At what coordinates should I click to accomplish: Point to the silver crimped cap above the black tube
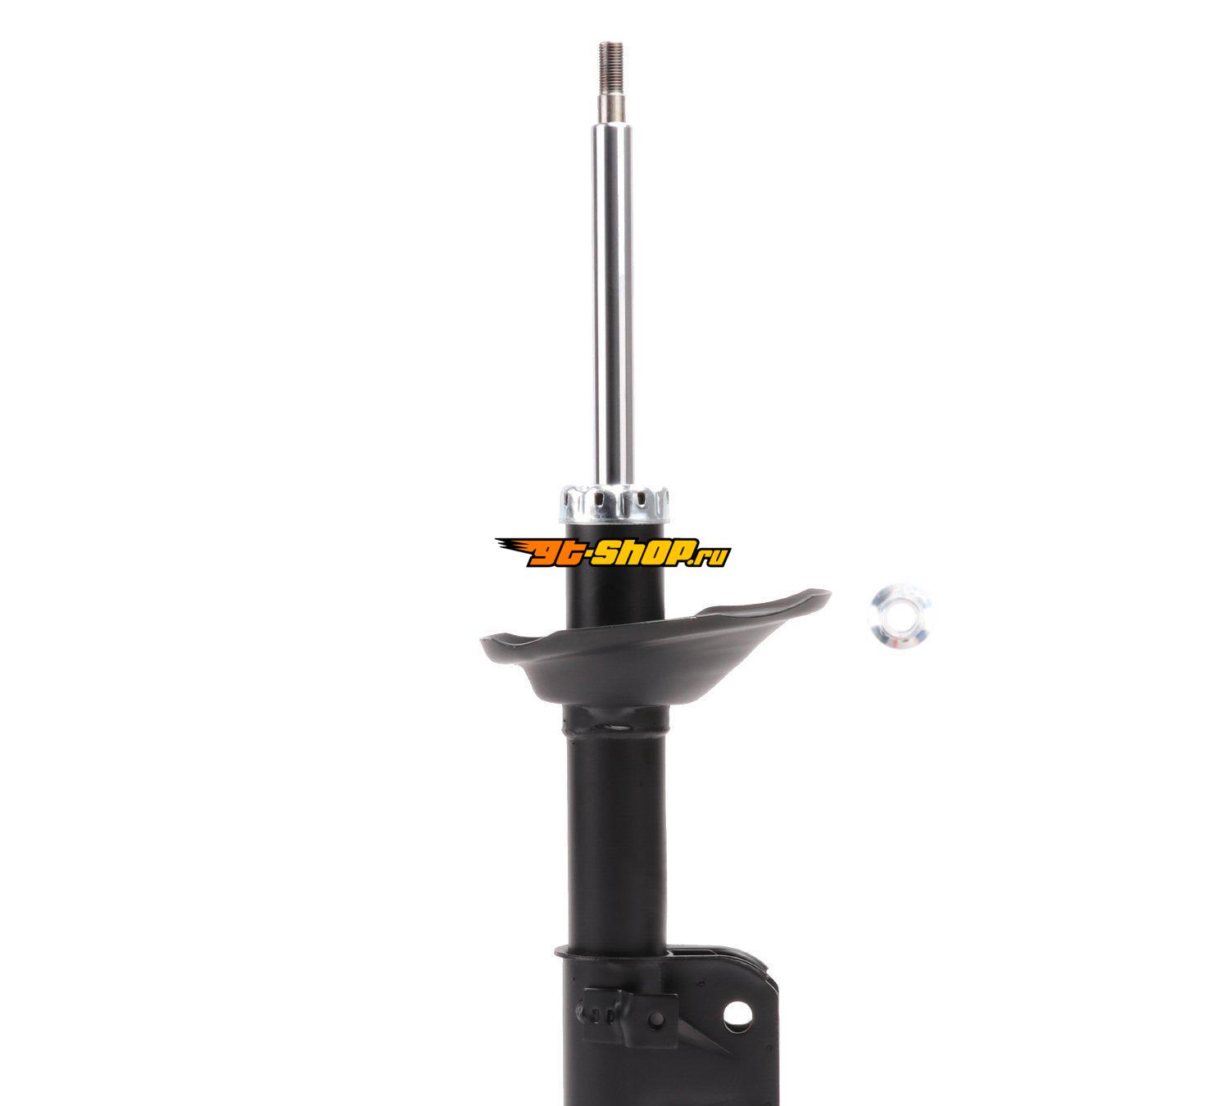(614, 505)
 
